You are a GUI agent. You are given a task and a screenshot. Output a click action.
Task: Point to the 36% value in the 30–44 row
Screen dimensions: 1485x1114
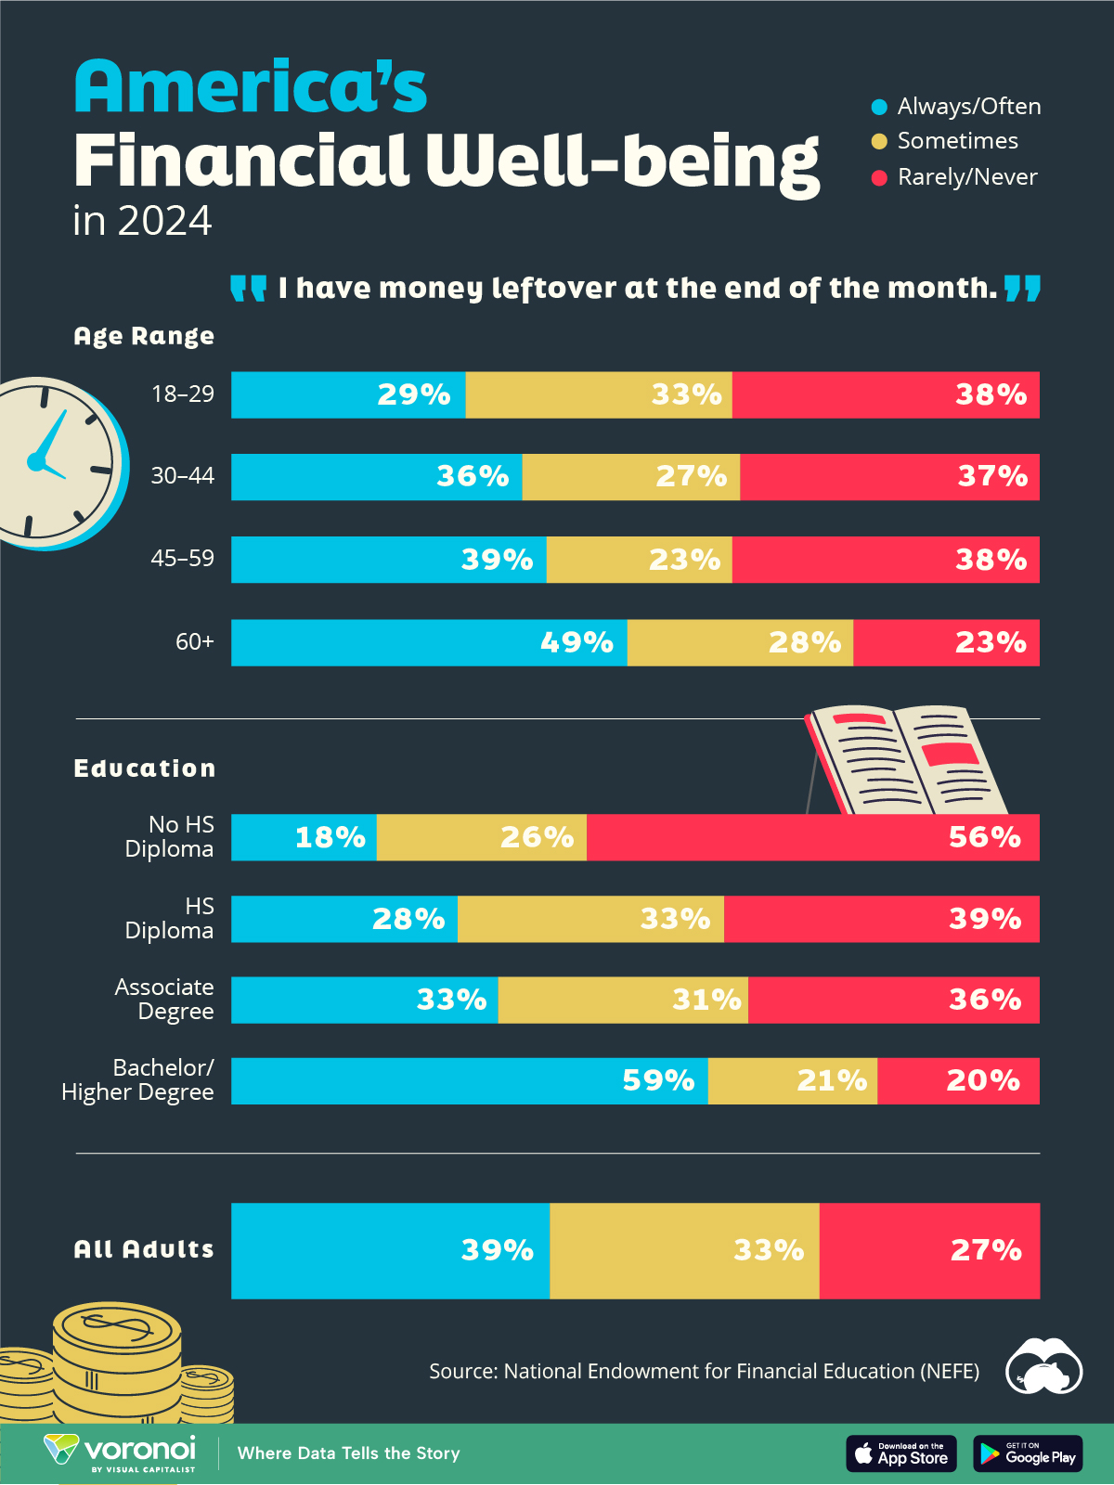point(473,476)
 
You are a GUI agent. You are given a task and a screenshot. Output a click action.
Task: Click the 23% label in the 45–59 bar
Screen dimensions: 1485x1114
point(685,560)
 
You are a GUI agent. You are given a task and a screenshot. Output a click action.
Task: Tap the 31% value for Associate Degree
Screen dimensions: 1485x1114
point(706,1000)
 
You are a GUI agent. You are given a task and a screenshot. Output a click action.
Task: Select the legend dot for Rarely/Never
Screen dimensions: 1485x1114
point(879,177)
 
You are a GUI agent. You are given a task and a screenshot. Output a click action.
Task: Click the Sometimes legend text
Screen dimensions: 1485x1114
point(957,141)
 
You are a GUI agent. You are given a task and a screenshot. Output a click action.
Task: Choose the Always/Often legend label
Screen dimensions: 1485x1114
point(968,107)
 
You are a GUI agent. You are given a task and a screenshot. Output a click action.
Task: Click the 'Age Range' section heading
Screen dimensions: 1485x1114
point(144,336)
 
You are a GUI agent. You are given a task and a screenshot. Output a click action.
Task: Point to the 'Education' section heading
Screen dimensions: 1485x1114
point(145,768)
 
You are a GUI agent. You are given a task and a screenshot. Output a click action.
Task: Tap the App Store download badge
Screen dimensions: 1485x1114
point(901,1453)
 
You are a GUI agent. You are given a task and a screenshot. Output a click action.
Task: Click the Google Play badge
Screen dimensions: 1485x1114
point(1028,1453)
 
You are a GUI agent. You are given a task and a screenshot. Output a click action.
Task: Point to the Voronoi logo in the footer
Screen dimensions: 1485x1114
point(121,1453)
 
